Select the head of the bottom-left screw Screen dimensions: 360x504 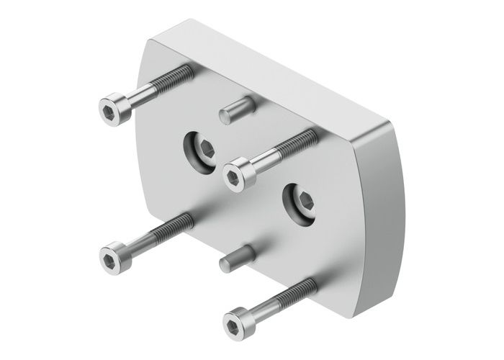pyautogui.click(x=114, y=256)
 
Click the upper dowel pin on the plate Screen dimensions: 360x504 pyautogui.click(x=234, y=111)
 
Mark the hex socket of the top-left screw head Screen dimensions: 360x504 pyautogui.click(x=108, y=109)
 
